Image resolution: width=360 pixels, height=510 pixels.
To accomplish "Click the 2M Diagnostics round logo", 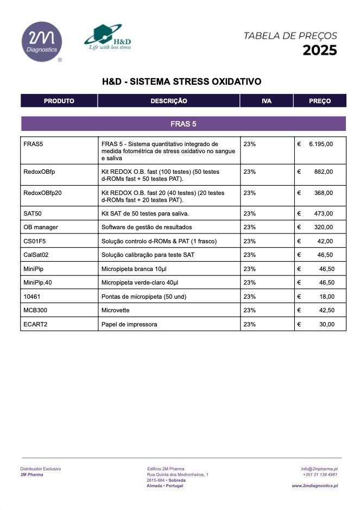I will pyautogui.click(x=41, y=42).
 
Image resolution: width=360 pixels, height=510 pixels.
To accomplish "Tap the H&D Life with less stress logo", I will pyautogui.click(x=108, y=37).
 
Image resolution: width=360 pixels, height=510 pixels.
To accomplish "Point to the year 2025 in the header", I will pyautogui.click(x=319, y=51).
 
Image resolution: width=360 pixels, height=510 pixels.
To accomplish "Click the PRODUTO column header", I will pyautogui.click(x=59, y=101).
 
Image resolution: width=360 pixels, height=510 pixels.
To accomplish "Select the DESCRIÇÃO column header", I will pyautogui.click(x=169, y=101).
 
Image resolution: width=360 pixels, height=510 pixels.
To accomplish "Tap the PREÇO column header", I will pyautogui.click(x=320, y=101).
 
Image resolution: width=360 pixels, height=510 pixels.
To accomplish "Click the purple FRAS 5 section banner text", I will pyautogui.click(x=183, y=124).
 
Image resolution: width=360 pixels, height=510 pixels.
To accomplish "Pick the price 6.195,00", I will pyautogui.click(x=320, y=144).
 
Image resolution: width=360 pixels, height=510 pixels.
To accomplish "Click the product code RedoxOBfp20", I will pyautogui.click(x=43, y=193).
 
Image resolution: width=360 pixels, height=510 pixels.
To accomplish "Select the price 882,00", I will pyautogui.click(x=324, y=172).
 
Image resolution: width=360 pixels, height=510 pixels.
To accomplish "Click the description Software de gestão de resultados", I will pyautogui.click(x=147, y=227).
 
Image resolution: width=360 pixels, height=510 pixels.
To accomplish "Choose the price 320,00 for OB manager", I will pyautogui.click(x=324, y=227).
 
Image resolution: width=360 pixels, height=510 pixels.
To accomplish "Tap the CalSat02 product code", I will pyautogui.click(x=36, y=255).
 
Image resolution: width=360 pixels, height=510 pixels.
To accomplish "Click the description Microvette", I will pyautogui.click(x=116, y=310).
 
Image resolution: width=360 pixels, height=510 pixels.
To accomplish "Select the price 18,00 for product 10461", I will pyautogui.click(x=326, y=297).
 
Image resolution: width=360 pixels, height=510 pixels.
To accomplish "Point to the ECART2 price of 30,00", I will pyautogui.click(x=326, y=324).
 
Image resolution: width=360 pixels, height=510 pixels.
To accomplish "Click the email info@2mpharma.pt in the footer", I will pyautogui.click(x=319, y=469).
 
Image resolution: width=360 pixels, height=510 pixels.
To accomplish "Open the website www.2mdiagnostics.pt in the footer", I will pyautogui.click(x=314, y=486).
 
